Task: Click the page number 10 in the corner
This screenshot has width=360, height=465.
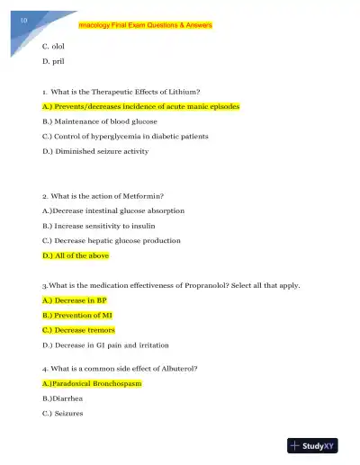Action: pyautogui.click(x=23, y=19)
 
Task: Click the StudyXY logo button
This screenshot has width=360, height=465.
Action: pyautogui.click(x=317, y=445)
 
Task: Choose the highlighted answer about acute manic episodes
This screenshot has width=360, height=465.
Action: pyautogui.click(x=141, y=106)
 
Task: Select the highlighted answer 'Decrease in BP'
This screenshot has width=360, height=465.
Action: pyautogui.click(x=75, y=300)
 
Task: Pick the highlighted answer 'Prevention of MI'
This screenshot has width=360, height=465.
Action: pyautogui.click(x=77, y=316)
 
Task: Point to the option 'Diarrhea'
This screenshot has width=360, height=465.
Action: pyautogui.click(x=64, y=398)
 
